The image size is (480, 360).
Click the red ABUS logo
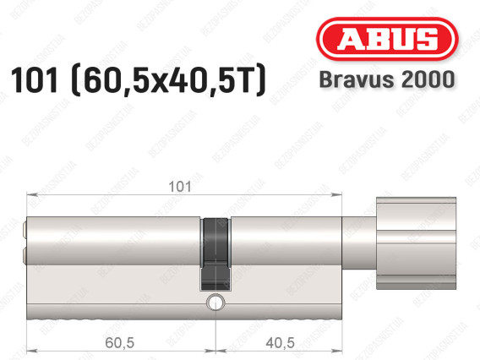point(387,39)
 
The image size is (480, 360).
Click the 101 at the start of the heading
point(35,80)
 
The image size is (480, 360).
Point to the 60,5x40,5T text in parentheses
point(168,80)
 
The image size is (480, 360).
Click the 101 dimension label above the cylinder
point(180,187)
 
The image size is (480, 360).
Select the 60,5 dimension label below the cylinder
point(119,342)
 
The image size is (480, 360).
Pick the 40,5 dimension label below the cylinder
point(280,342)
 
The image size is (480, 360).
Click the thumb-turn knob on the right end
point(416,243)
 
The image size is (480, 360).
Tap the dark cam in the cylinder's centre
point(215,254)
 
